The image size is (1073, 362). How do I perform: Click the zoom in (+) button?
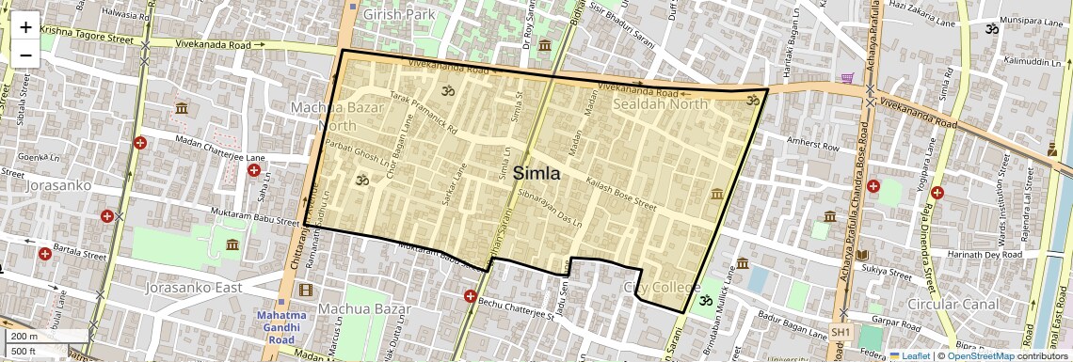pos(25,27)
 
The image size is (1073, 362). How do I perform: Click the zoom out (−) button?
pos(25,55)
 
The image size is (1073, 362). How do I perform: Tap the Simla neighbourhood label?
pos(536,173)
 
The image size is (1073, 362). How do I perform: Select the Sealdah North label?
pos(659,104)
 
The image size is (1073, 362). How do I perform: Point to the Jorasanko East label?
pos(194,287)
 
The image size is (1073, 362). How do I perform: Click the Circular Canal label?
pos(953,305)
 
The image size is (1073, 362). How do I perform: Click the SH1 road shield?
pos(841,333)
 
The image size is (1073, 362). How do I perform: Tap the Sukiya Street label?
pos(886,273)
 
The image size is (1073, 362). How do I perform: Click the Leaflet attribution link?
pos(909,355)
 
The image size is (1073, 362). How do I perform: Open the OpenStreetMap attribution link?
pos(980,355)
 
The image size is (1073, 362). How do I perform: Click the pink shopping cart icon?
pos(847,78)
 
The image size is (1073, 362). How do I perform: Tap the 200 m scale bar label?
pos(26,337)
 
